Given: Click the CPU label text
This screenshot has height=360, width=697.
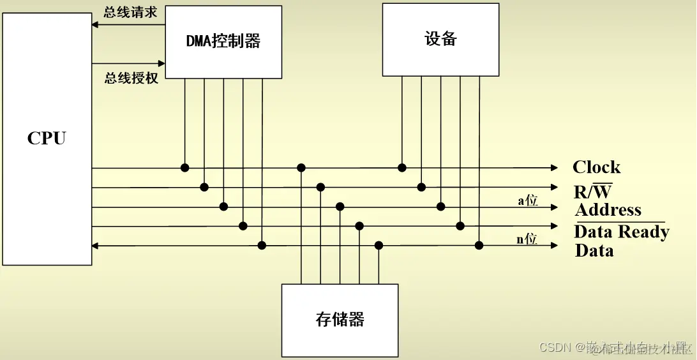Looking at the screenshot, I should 46,139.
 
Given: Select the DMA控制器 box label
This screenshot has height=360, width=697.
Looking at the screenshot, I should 223,41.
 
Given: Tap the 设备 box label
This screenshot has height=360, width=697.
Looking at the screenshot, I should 440,38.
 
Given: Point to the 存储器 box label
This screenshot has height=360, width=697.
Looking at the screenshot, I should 340,319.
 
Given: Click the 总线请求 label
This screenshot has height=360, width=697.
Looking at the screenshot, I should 130,13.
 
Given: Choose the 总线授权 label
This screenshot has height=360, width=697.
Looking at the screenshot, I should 131,79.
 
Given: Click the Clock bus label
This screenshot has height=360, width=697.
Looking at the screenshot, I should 596,167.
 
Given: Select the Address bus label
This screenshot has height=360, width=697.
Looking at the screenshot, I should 608,210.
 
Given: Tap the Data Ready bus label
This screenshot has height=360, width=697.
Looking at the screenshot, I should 621,231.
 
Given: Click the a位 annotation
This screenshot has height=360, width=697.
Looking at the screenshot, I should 527,200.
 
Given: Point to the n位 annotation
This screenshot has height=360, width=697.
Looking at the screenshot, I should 527,240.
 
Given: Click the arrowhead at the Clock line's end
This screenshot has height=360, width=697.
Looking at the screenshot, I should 554,168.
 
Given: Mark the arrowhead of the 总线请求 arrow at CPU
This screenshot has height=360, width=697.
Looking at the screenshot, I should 95,25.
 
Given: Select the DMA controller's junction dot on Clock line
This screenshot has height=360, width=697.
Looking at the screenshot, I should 184,168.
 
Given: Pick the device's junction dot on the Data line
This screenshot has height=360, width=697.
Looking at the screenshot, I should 479,245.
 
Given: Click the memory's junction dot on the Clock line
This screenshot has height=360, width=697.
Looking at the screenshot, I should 301,168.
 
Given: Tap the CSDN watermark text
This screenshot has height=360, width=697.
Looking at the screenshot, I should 553,347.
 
